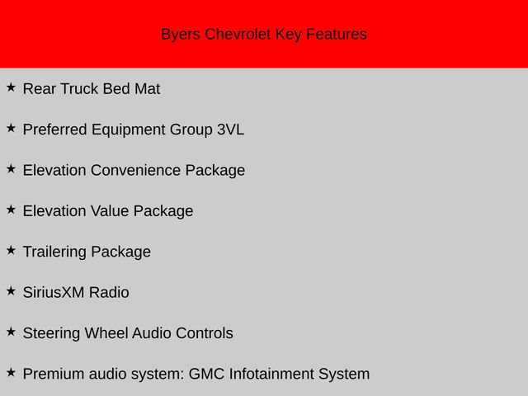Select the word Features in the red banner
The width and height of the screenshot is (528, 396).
pos(336,35)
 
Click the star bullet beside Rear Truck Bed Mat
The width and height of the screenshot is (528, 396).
pos(11,87)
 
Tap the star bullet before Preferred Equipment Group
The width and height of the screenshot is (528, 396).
pos(11,128)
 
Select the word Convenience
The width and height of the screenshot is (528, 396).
pos(135,170)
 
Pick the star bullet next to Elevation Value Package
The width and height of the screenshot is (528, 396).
pos(11,210)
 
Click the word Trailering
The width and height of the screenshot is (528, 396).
pos(54,252)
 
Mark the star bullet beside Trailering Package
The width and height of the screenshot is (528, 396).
pos(11,250)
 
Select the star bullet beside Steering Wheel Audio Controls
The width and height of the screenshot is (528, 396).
pos(11,332)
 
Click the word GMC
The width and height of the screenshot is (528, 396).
pos(206,374)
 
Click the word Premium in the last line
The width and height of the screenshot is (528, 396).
pos(54,374)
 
